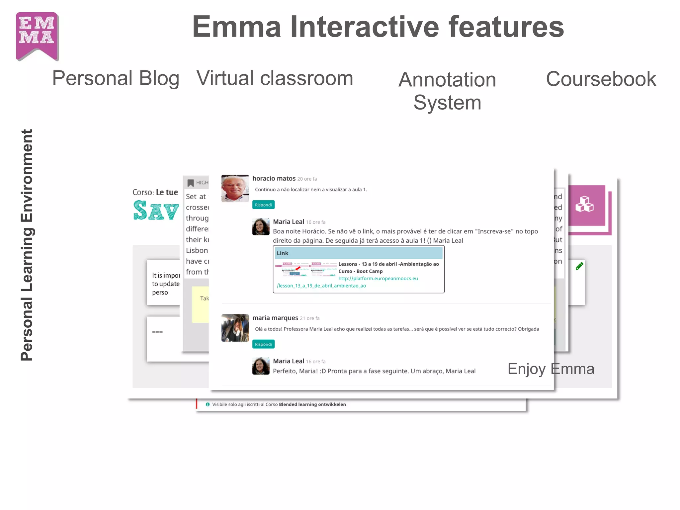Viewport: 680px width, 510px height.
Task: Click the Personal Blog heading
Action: point(116,78)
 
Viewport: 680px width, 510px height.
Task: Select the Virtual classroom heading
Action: point(275,78)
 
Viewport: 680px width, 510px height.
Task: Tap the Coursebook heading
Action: point(601,79)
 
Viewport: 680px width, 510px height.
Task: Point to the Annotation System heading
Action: point(447,91)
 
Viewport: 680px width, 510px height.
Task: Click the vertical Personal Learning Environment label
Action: point(27,245)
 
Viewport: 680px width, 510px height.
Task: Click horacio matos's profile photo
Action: point(235,188)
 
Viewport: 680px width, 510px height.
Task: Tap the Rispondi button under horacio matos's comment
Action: point(263,205)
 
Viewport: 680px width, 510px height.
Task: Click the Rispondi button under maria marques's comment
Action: point(263,344)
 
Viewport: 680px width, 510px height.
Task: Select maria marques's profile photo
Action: point(235,328)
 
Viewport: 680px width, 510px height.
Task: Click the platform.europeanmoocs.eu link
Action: point(378,279)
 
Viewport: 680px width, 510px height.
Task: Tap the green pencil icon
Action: point(579,266)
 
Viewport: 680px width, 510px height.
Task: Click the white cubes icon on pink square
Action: point(584,204)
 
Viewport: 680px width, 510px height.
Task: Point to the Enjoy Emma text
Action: point(551,369)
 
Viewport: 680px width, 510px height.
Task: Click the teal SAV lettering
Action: point(156,211)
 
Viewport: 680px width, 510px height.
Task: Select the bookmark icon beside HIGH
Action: point(191,183)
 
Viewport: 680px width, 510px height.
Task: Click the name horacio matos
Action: point(274,178)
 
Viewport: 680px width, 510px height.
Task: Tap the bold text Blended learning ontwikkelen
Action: point(312,404)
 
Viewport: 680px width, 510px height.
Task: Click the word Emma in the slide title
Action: point(236,27)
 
